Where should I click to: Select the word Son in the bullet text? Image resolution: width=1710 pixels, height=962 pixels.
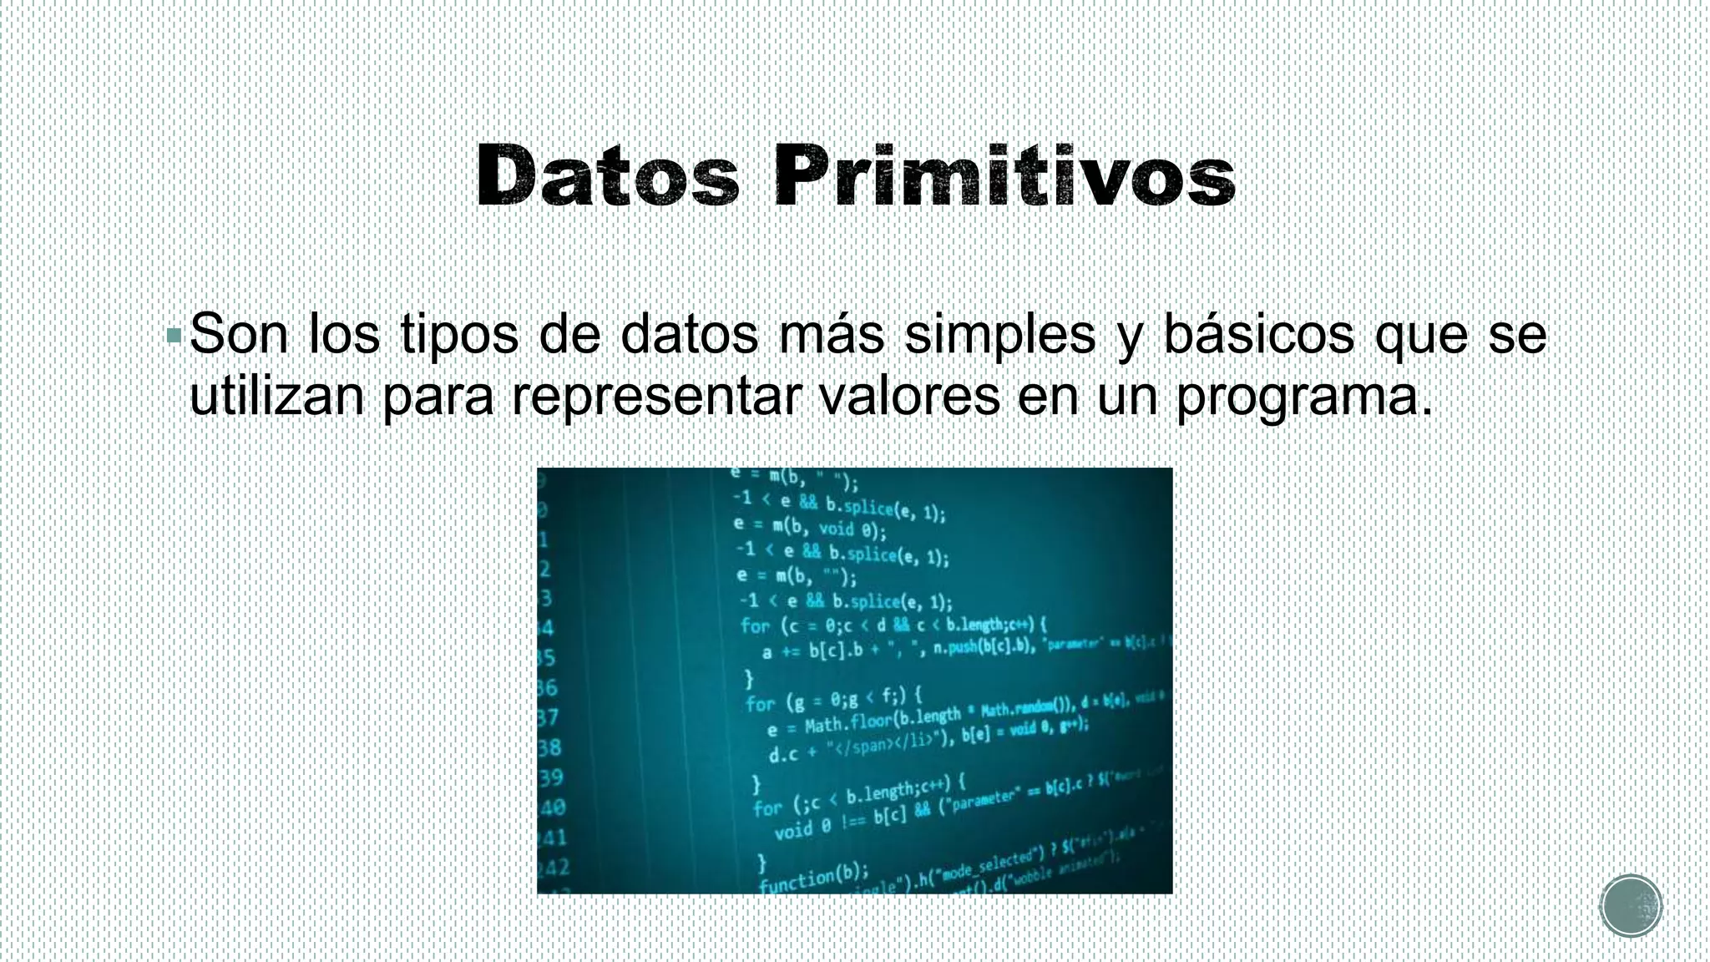(239, 334)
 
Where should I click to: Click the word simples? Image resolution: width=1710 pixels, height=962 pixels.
(999, 336)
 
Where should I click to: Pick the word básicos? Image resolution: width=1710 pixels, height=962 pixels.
(1259, 334)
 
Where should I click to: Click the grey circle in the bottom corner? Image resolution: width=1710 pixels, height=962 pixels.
(1631, 906)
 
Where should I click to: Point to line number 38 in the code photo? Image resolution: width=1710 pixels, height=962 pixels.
(549, 747)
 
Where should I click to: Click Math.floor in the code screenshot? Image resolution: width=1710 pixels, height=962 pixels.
(848, 721)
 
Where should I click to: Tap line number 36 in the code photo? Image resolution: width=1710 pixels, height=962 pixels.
(547, 688)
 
